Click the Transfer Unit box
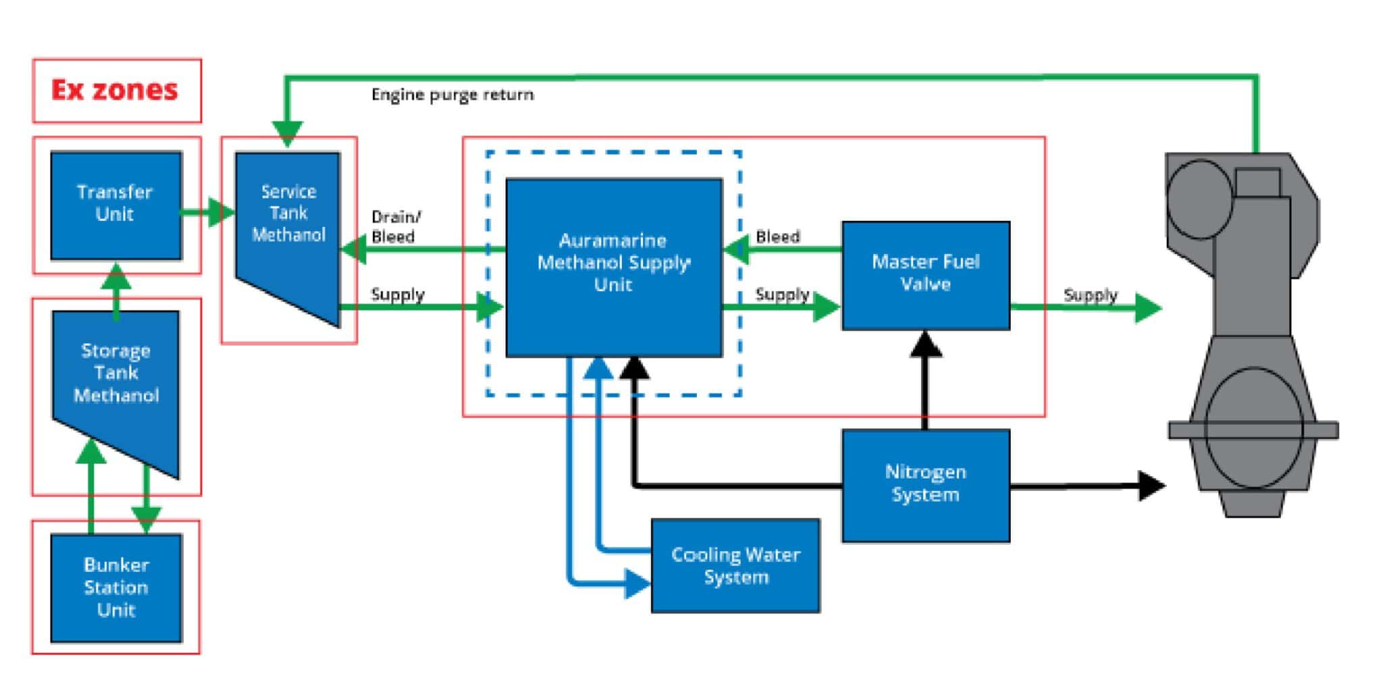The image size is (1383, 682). pos(115,205)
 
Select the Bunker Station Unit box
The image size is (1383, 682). pos(115,587)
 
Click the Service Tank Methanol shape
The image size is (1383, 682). pos(287,223)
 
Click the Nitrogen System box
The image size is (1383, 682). pos(925,484)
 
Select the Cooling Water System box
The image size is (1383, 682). pos(735,566)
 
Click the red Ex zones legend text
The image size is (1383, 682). pos(115,90)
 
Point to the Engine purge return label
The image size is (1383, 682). pos(452,95)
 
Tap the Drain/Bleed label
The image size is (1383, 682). pos(395,227)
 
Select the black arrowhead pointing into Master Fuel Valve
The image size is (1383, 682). pos(925,344)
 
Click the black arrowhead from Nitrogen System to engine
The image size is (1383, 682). pos(1151,486)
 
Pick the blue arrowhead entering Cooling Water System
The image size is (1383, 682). pos(636,583)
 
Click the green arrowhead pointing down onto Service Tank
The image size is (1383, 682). pos(287,132)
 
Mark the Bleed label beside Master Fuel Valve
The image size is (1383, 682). pos(778,237)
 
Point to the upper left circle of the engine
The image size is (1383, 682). pos(1199,199)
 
